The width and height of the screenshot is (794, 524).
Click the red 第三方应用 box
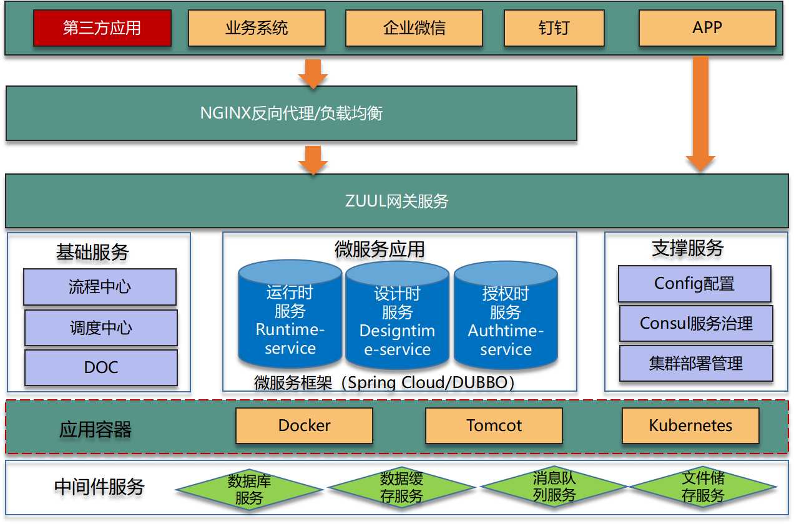[x=102, y=29]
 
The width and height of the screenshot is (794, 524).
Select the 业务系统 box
[x=257, y=29]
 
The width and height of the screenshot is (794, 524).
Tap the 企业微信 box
[x=414, y=29]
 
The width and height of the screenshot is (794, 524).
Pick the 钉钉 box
[x=554, y=29]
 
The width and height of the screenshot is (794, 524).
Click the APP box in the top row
[x=707, y=29]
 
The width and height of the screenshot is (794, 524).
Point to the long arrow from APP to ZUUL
[x=700, y=112]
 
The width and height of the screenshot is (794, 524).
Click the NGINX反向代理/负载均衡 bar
[x=291, y=114]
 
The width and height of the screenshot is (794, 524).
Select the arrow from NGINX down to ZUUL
[x=313, y=160]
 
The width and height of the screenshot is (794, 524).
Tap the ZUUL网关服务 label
[x=396, y=201]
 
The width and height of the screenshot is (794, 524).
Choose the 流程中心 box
[x=100, y=287]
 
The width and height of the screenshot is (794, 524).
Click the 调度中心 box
[x=100, y=328]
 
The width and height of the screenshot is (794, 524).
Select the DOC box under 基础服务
[x=100, y=367]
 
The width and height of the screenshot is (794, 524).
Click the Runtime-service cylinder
[x=290, y=318]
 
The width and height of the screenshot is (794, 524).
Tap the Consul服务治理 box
[x=696, y=324]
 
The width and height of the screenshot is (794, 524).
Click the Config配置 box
[x=695, y=284]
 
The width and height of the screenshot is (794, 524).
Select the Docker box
[x=304, y=426]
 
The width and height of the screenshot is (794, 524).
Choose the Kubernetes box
[x=690, y=426]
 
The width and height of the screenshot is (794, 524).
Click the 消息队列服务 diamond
[x=554, y=487]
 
